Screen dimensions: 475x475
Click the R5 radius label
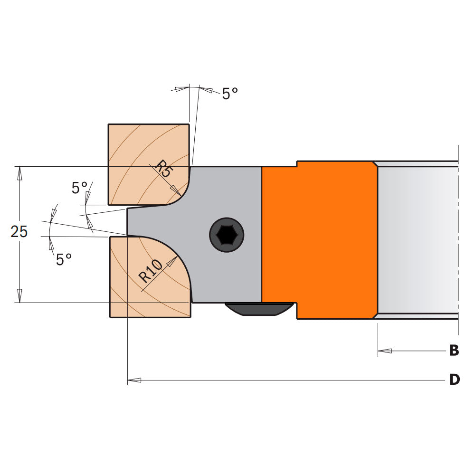[163, 170]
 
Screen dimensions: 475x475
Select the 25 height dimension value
[19, 232]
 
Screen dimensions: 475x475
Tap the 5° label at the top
[230, 94]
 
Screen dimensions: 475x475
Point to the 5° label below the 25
[64, 260]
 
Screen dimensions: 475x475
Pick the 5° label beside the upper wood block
[79, 188]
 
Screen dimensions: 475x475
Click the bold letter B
[454, 351]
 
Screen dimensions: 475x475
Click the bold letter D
[455, 380]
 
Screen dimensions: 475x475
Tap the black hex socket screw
[227, 233]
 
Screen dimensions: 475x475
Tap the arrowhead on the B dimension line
[384, 351]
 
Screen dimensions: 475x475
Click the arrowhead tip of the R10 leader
[176, 257]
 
